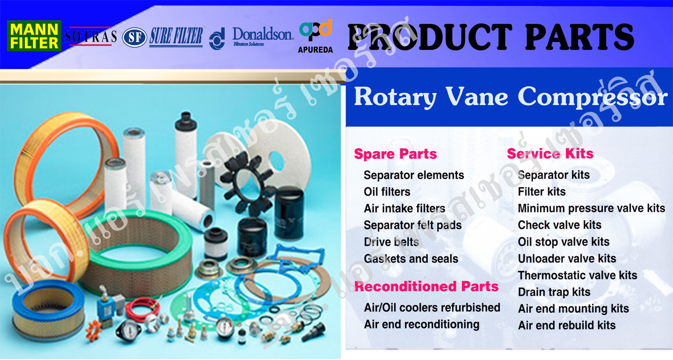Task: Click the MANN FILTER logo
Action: coord(34,35)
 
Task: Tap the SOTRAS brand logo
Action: coord(90,36)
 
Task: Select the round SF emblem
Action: coord(135,37)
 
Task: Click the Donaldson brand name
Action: coord(263,34)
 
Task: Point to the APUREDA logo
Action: coord(316,36)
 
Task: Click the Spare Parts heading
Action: coord(395,154)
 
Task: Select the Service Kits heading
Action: coord(550,154)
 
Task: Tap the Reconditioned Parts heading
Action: coord(426,286)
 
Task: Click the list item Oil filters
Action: coord(387,192)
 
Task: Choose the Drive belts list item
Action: coord(391,242)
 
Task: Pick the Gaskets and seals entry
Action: coord(411,259)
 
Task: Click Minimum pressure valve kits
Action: coord(591,208)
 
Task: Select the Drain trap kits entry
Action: coord(554,292)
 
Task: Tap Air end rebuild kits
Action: coord(567,325)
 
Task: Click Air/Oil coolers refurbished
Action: coord(432,308)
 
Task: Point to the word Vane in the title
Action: coord(477,97)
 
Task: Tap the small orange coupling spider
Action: coord(94,330)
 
